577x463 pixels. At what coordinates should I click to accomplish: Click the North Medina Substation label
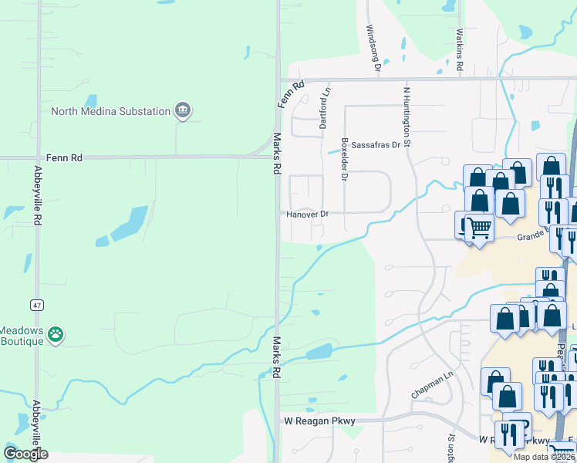[110, 111]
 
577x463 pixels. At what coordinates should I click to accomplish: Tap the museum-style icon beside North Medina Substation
[183, 111]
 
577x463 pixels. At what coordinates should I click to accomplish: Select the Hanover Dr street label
[308, 215]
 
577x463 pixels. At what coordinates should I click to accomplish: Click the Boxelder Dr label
[344, 157]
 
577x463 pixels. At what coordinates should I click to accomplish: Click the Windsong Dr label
[373, 48]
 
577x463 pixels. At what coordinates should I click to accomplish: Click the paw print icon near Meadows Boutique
[55, 334]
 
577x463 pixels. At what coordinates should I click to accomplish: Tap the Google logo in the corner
[25, 454]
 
